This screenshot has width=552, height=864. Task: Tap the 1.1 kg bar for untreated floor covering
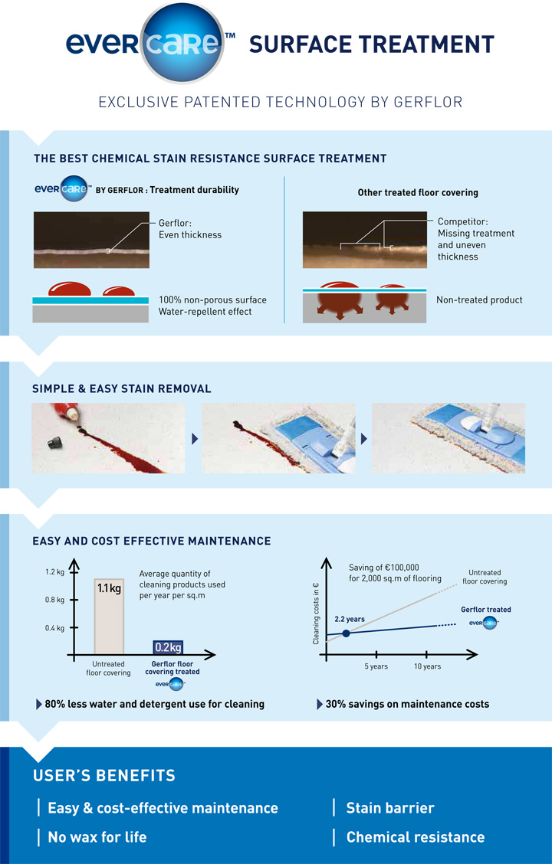(109, 616)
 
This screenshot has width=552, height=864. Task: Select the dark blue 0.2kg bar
(168, 647)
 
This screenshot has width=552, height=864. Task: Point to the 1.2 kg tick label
(54, 572)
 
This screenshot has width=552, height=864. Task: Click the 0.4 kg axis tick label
(54, 627)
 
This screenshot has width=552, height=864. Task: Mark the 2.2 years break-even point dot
(346, 633)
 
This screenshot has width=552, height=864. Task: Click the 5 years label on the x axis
(376, 666)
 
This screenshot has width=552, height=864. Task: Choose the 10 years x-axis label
(427, 666)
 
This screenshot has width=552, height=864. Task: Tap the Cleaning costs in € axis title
(316, 614)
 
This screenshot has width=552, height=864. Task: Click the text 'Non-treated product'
(479, 299)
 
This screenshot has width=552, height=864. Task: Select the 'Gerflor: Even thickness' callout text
(190, 229)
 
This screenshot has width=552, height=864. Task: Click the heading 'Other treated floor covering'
(418, 192)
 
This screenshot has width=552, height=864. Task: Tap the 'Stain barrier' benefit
(390, 808)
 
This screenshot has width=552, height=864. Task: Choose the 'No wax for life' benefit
(97, 837)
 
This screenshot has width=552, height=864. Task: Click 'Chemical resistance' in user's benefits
(416, 837)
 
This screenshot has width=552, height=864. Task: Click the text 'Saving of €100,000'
(384, 567)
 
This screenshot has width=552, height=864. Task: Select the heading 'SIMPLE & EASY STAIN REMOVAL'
(121, 388)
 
